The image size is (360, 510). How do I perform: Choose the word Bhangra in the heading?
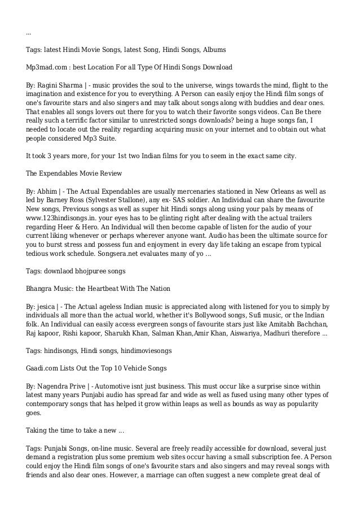(x=41, y=289)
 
